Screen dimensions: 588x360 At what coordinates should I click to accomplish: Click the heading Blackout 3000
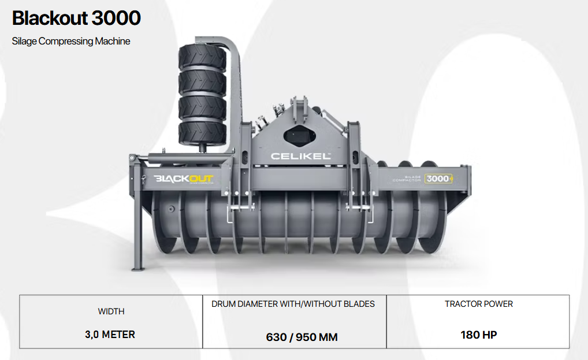76,18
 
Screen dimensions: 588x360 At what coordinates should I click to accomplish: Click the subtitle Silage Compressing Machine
71,41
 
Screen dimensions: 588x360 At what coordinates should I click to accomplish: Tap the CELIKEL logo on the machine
301,156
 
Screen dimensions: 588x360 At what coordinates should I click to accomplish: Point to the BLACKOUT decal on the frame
184,179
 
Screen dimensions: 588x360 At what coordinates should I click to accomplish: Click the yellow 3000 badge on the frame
438,179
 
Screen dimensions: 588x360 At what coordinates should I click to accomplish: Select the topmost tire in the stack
203,56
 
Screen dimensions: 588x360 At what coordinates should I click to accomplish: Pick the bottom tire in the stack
203,133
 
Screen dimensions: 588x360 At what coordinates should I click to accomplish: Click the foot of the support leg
138,268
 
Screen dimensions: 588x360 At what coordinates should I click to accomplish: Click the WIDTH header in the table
111,311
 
